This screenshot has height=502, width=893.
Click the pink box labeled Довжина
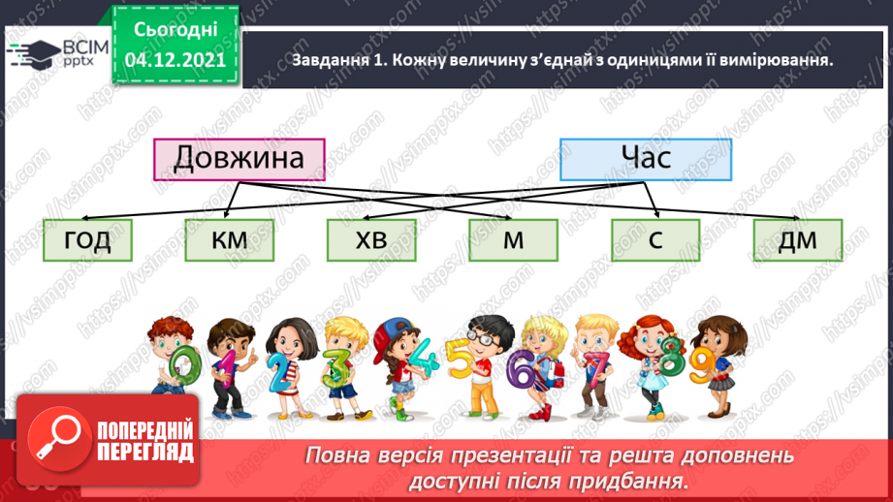click(x=239, y=159)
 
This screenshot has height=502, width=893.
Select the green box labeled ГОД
click(x=88, y=240)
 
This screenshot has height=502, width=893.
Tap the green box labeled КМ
click(x=230, y=240)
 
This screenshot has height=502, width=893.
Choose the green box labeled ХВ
click(x=371, y=240)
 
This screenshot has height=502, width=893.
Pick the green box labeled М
click(x=513, y=240)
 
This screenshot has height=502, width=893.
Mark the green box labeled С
click(x=655, y=240)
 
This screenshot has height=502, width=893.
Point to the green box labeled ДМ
click(x=797, y=240)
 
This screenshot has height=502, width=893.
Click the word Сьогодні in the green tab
click(x=175, y=30)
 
